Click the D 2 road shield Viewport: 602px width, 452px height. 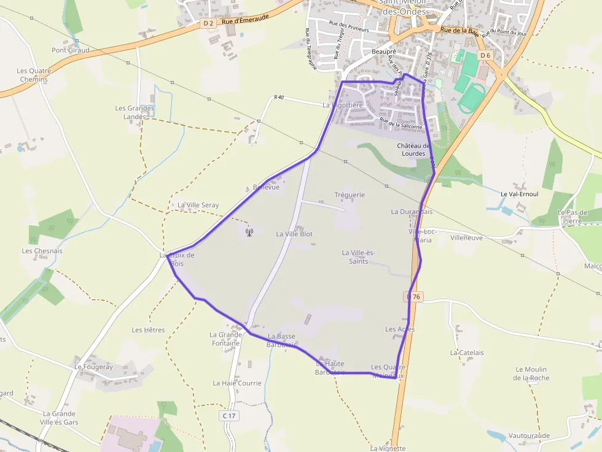click(208, 23)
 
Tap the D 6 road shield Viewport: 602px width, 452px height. click(486, 55)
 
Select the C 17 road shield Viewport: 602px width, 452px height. click(229, 416)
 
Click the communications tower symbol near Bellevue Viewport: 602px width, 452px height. click(249, 232)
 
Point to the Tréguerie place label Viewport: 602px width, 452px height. click(350, 195)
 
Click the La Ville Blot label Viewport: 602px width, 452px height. click(294, 234)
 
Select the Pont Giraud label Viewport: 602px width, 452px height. click(71, 50)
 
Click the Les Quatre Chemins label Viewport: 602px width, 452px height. click(34, 75)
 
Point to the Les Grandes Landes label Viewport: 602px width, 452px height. click(135, 112)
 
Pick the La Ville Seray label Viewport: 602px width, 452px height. click(198, 205)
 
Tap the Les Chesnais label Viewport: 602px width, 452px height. click(42, 251)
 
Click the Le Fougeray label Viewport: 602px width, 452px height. click(94, 367)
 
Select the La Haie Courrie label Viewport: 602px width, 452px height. click(237, 383)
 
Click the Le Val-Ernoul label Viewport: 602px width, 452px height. click(520, 194)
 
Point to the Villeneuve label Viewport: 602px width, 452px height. click(467, 237)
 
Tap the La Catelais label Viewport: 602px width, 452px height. click(467, 353)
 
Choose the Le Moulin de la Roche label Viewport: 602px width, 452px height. click(531, 373)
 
